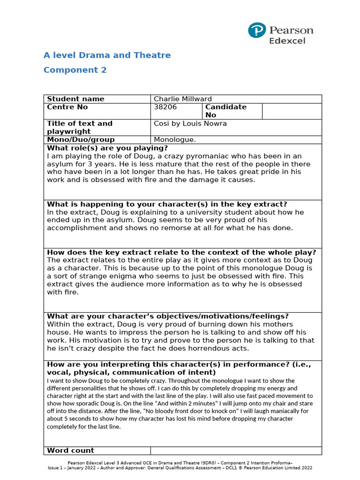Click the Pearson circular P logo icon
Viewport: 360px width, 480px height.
tap(257, 30)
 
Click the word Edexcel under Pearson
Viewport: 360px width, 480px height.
tap(287, 41)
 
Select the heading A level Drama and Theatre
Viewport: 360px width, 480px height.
tap(107, 55)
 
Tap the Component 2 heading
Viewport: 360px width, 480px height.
tap(75, 70)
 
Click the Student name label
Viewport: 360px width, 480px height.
tap(75, 99)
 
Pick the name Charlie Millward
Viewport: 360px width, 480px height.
tap(183, 99)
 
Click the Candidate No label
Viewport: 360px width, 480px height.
tap(225, 111)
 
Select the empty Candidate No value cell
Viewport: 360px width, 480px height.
tap(292, 111)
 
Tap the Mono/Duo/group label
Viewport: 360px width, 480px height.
tap(81, 140)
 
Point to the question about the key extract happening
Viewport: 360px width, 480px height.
tap(167, 204)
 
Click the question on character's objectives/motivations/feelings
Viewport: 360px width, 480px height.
tap(168, 316)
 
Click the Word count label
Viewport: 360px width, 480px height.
tap(70, 450)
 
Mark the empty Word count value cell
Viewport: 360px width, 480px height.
tap(236, 450)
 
